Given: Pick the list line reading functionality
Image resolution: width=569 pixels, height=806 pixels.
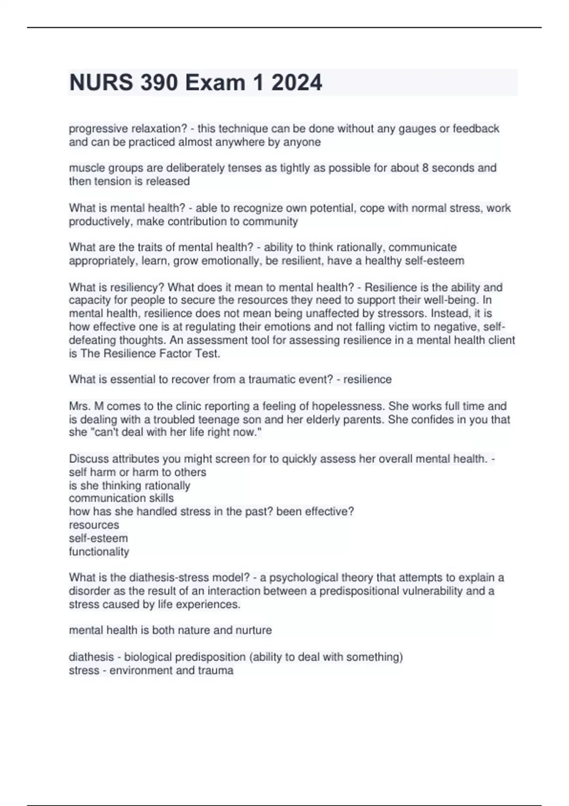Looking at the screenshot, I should pos(99,551).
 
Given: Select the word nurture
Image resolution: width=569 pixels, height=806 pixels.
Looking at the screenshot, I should pos(254,630).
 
